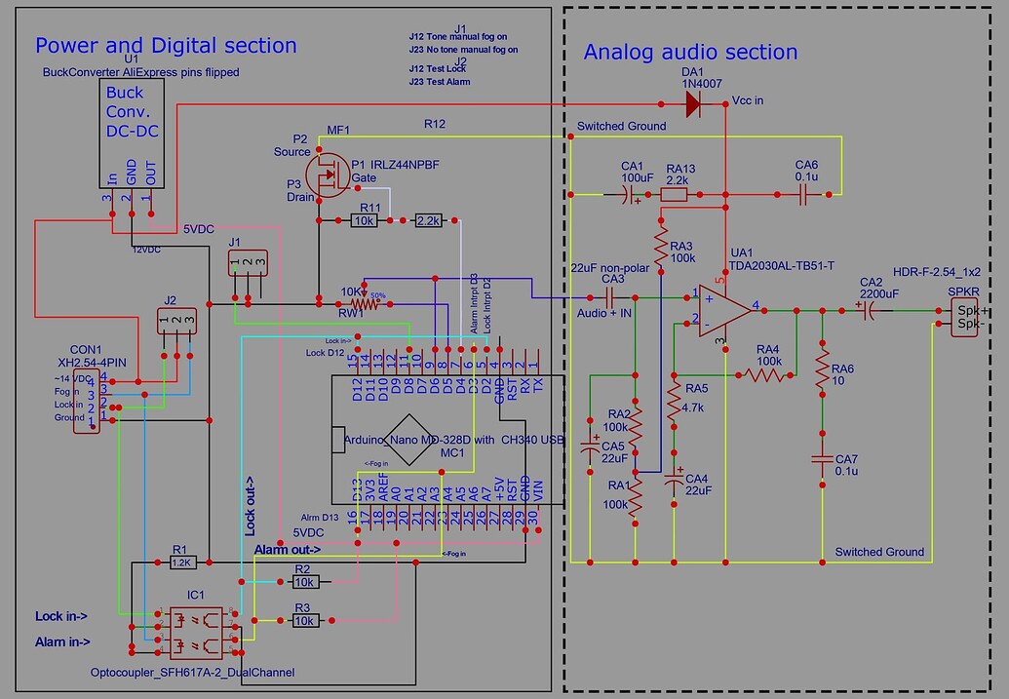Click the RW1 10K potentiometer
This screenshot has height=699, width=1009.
point(358,303)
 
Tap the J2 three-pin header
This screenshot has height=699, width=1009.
point(176,319)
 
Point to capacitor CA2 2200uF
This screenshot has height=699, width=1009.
point(867,310)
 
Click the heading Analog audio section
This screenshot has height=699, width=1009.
point(690,53)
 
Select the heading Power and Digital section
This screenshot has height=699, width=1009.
point(166,45)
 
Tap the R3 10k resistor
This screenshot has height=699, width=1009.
point(303,620)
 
